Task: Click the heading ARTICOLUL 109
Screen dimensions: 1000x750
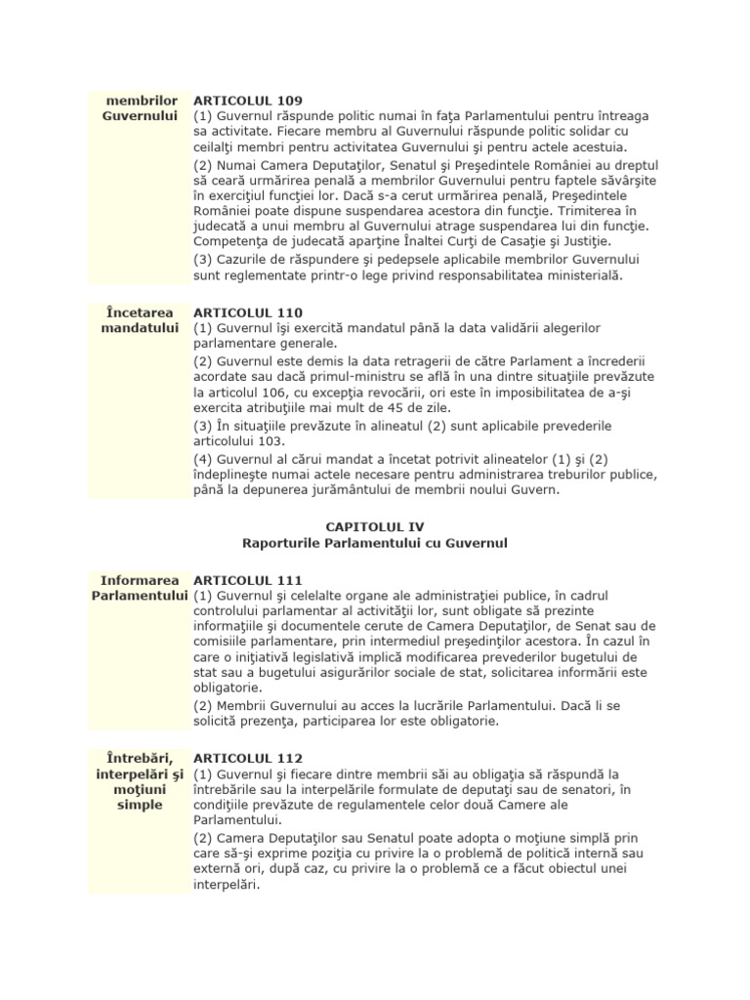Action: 248,101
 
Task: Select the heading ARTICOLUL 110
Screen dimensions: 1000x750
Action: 248,312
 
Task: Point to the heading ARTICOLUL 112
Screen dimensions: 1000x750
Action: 248,758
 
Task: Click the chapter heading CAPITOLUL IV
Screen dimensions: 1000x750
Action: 374,526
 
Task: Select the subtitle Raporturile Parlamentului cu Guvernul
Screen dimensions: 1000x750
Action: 374,542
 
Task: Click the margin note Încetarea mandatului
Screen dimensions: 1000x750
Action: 144,320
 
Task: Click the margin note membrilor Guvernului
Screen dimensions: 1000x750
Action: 144,108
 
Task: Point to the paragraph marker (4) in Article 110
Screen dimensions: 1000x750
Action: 203,458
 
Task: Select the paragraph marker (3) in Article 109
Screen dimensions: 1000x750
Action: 203,260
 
